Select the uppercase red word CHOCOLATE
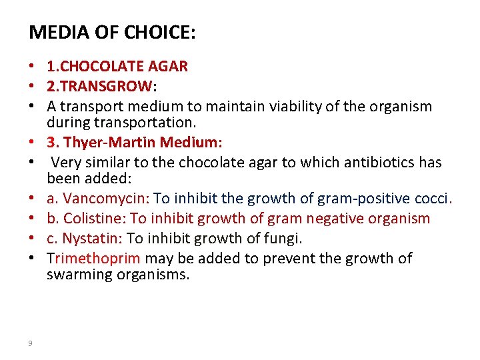coord(109,66)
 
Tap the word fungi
coord(287,238)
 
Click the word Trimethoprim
coord(94,258)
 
